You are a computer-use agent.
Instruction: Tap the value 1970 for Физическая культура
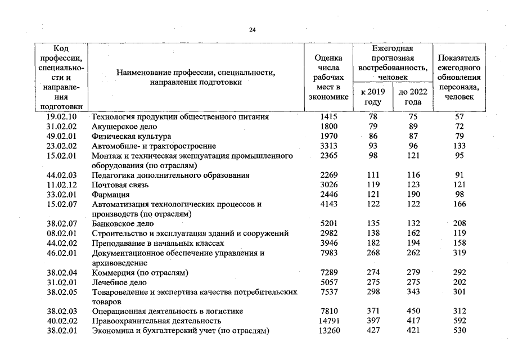click(328, 136)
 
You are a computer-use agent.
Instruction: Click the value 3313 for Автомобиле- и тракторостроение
click(328, 146)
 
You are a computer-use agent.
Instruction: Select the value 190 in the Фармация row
click(413, 195)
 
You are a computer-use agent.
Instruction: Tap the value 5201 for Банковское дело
click(328, 224)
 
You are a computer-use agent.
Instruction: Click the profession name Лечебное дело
click(119, 282)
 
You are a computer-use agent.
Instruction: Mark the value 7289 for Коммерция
click(328, 273)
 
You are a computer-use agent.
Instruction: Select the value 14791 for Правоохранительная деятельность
click(328, 321)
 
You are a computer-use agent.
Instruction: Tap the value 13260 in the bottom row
click(328, 331)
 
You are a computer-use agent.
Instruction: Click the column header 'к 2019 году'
click(373, 97)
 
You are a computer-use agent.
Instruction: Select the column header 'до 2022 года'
click(413, 97)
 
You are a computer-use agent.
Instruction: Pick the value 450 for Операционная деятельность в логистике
click(413, 312)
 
